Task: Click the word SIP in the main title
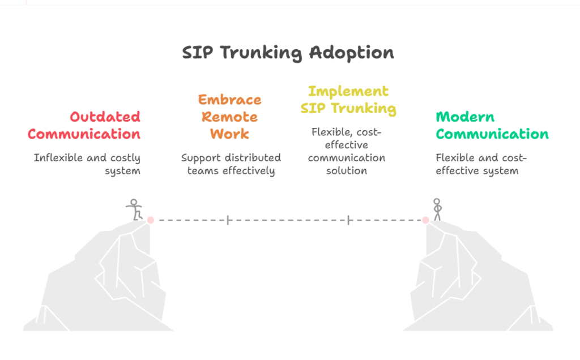pyautogui.click(x=198, y=53)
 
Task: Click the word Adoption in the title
pyautogui.click(x=352, y=53)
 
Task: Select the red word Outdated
pyautogui.click(x=105, y=117)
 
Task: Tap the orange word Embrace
pyautogui.click(x=230, y=100)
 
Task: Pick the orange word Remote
pyautogui.click(x=230, y=117)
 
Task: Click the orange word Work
pyautogui.click(x=230, y=134)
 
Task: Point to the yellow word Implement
pyautogui.click(x=348, y=92)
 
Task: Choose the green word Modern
pyautogui.click(x=465, y=117)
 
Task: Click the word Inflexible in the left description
pyautogui.click(x=58, y=158)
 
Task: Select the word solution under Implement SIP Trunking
pyautogui.click(x=347, y=171)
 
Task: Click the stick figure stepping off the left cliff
pyautogui.click(x=134, y=209)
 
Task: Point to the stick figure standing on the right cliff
pyautogui.click(x=437, y=209)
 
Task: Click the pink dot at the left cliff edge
pyautogui.click(x=151, y=220)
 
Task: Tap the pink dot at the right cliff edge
pyautogui.click(x=426, y=220)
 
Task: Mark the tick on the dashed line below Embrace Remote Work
pyautogui.click(x=228, y=220)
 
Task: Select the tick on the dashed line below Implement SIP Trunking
pyautogui.click(x=348, y=220)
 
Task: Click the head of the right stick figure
pyautogui.click(x=437, y=202)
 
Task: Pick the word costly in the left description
pyautogui.click(x=125, y=158)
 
